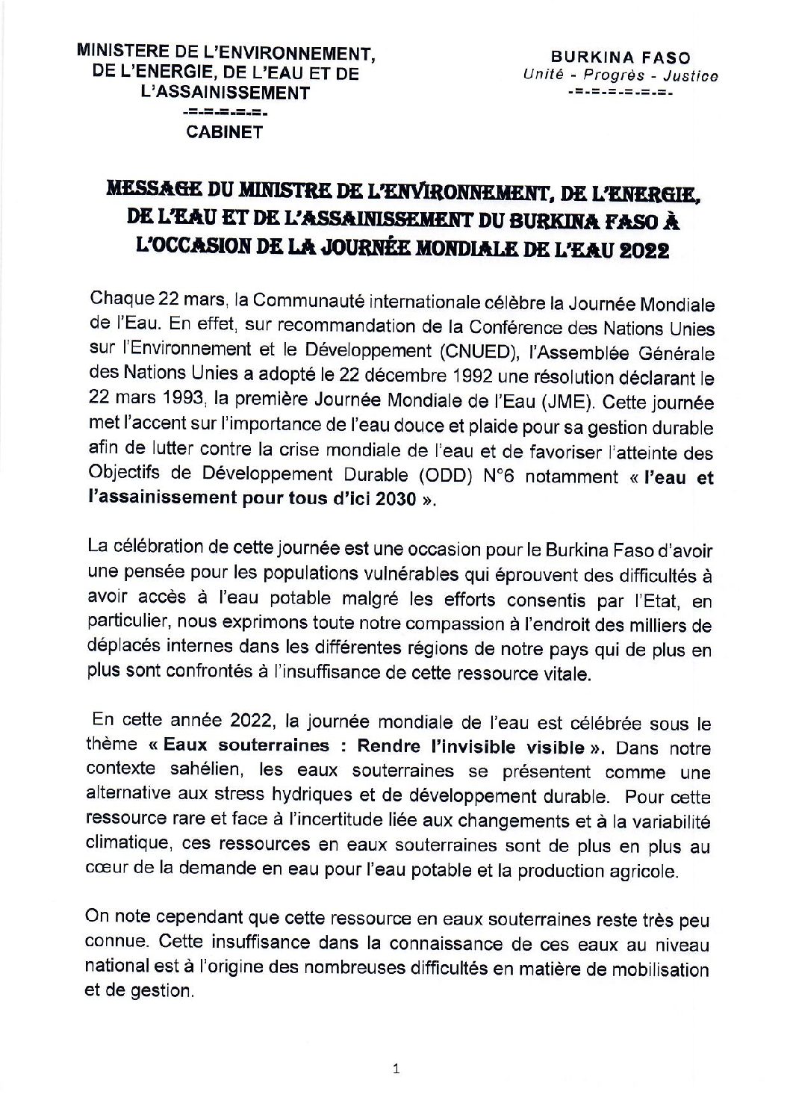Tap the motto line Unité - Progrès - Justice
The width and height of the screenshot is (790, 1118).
[x=621, y=75]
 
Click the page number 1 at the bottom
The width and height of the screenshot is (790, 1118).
[x=396, y=1069]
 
